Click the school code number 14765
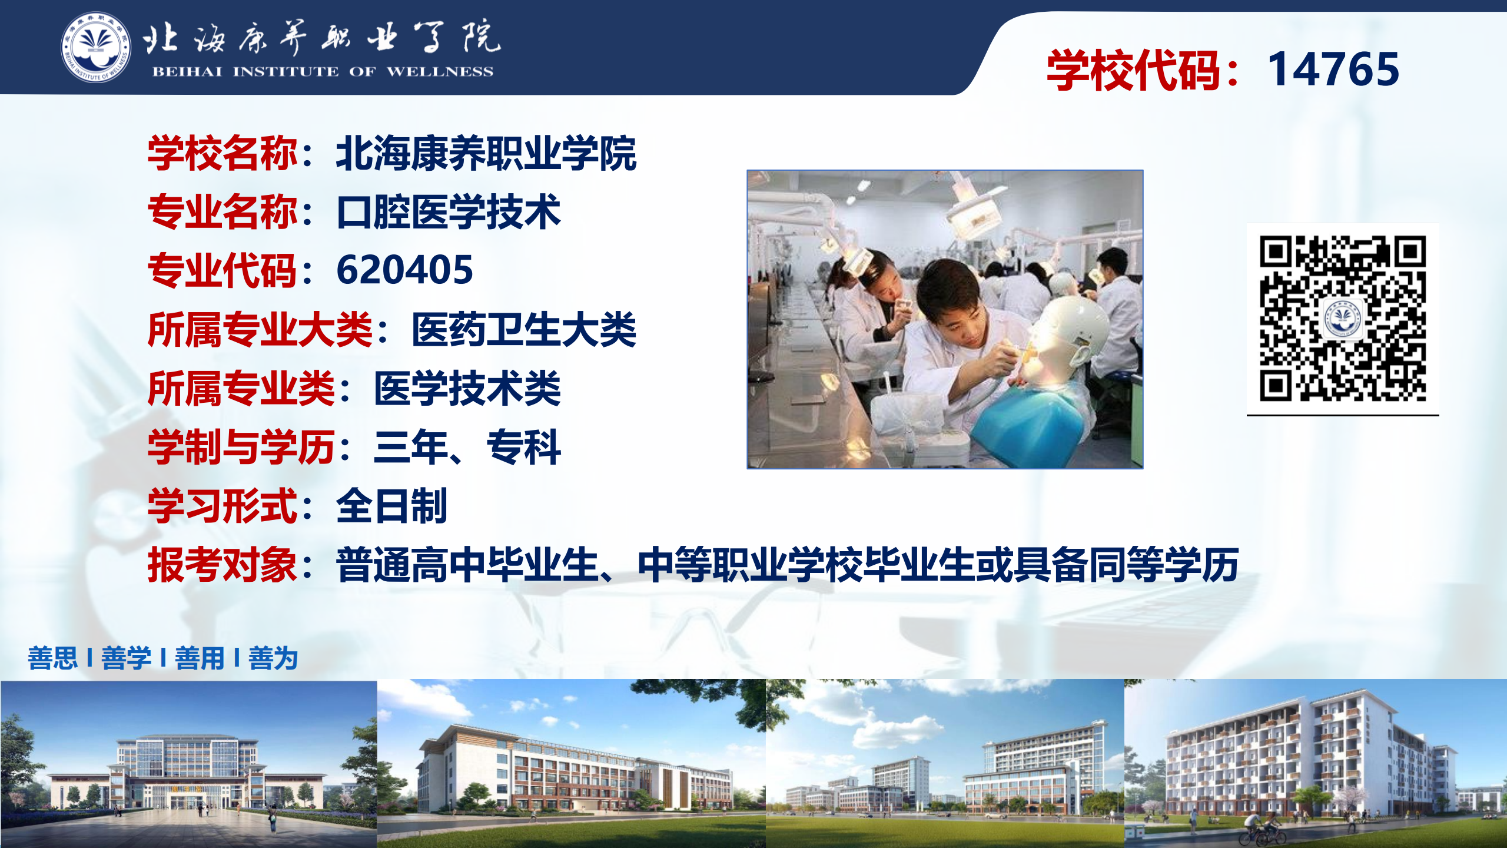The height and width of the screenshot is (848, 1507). (x=1333, y=69)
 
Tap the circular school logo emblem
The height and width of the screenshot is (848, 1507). (x=96, y=47)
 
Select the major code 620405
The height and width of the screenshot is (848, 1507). (x=404, y=270)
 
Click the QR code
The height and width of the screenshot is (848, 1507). (x=1343, y=319)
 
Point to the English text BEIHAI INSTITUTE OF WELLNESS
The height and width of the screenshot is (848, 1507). (x=323, y=72)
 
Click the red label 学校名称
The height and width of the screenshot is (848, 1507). (x=223, y=153)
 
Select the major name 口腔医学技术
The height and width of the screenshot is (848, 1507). (x=449, y=211)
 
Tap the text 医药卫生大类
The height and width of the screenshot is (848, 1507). (x=524, y=329)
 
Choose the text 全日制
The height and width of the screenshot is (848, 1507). (x=392, y=506)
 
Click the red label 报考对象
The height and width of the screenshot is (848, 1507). (x=223, y=565)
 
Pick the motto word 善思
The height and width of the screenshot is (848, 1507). (x=52, y=658)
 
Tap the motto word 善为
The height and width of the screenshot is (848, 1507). (x=273, y=658)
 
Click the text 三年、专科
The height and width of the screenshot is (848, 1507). (x=467, y=447)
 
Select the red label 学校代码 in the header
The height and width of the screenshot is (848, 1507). (x=1133, y=70)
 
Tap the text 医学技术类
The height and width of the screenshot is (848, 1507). (x=467, y=388)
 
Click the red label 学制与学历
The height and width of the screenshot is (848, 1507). (x=241, y=447)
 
